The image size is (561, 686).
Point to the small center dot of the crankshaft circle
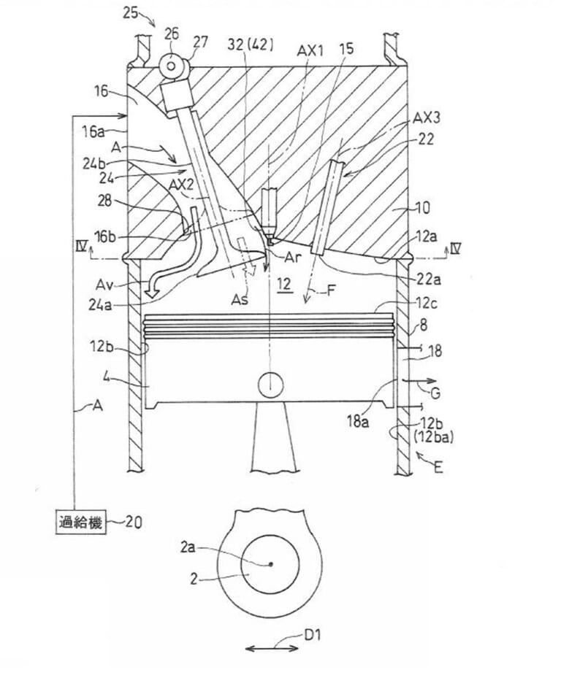270,564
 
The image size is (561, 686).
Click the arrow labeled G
419,381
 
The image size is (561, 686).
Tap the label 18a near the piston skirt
359,420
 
